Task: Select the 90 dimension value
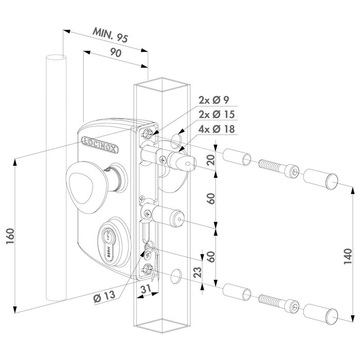116,52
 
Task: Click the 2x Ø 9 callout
212,100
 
